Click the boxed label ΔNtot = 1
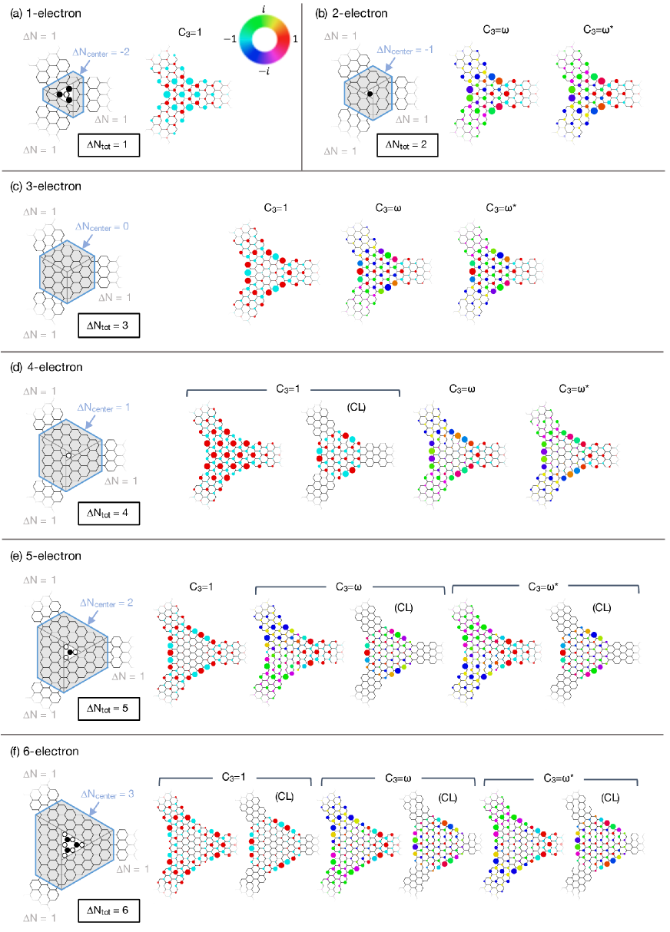[108, 146]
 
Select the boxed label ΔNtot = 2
[407, 146]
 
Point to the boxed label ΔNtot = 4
[108, 513]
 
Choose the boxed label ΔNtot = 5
[108, 708]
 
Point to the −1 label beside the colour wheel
[228, 38]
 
